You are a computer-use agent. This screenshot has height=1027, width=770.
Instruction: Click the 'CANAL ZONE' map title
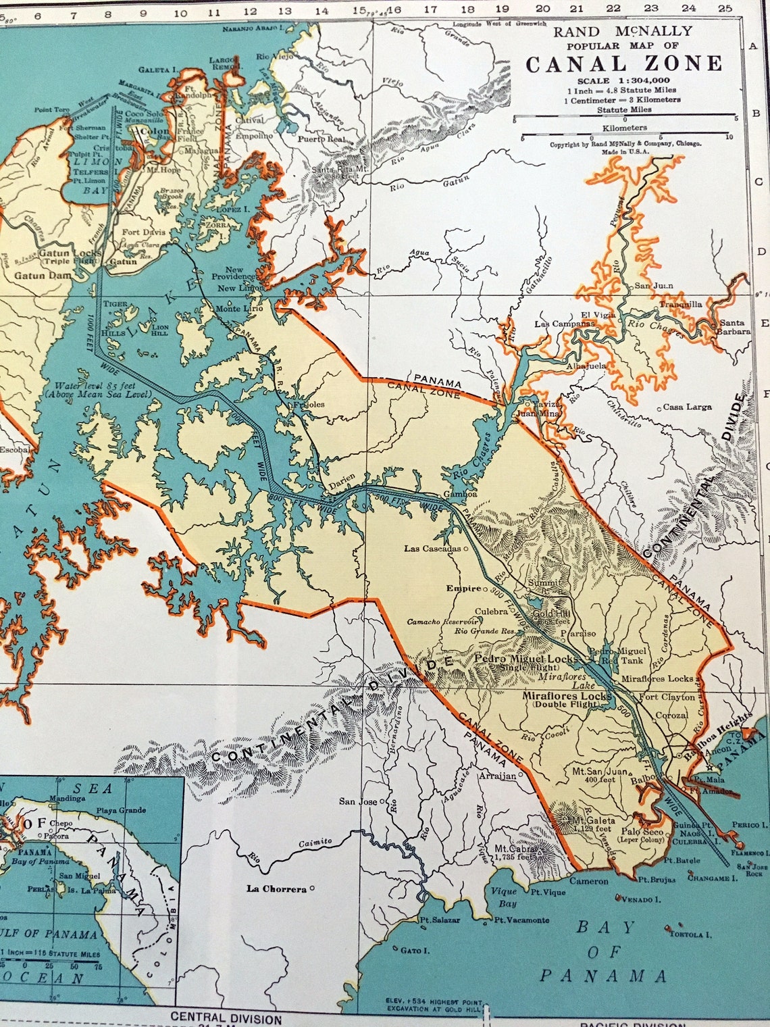[x=623, y=64]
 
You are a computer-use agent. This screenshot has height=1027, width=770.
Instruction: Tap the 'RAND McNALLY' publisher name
[x=623, y=31]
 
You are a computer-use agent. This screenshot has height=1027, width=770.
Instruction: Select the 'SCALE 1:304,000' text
[x=622, y=80]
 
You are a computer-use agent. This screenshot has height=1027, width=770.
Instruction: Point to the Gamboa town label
[x=460, y=494]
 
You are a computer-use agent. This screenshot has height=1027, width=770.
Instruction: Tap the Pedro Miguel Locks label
[x=526, y=659]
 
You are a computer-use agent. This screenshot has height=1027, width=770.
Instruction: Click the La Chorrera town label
[x=276, y=889]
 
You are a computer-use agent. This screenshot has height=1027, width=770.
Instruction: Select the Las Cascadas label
[x=432, y=548]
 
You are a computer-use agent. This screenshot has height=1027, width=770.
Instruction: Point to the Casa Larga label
[x=687, y=407]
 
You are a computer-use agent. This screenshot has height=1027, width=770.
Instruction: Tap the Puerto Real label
[x=322, y=139]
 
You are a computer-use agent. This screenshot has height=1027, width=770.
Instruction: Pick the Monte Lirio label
[x=239, y=309]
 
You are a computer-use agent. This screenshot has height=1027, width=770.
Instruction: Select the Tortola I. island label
[x=690, y=934]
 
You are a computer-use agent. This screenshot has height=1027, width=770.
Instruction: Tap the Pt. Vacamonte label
[x=521, y=920]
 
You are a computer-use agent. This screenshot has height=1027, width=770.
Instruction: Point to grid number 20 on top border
[x=542, y=9]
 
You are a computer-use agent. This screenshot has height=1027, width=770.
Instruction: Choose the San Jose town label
[x=358, y=801]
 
